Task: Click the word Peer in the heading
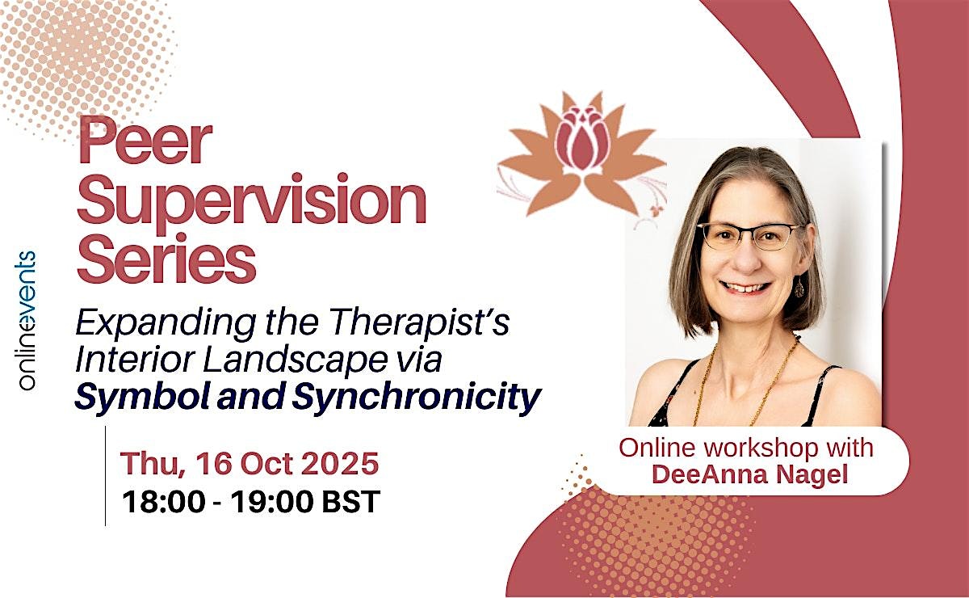coord(145,141)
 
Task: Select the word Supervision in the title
coord(252,203)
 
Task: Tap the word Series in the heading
coord(166,258)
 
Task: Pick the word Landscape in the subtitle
coord(295,360)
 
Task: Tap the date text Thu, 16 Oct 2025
coord(250,463)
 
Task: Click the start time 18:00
coord(164,502)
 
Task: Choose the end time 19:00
coord(271,502)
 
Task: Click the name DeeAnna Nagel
coord(749,474)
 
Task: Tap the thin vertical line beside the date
coord(105,476)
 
